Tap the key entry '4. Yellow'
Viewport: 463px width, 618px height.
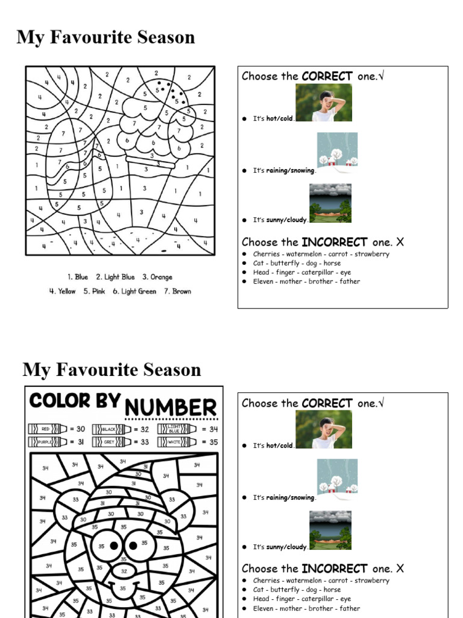click(63, 291)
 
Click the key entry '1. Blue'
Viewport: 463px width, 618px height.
click(78, 277)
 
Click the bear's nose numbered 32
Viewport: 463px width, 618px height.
click(124, 571)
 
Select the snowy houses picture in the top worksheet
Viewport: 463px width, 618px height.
click(337, 150)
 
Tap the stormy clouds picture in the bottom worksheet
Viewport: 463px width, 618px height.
click(330, 530)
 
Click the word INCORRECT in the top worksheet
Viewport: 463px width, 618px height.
click(335, 242)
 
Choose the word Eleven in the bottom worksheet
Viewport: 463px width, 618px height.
click(264, 608)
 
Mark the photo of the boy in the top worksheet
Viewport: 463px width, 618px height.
click(324, 103)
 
